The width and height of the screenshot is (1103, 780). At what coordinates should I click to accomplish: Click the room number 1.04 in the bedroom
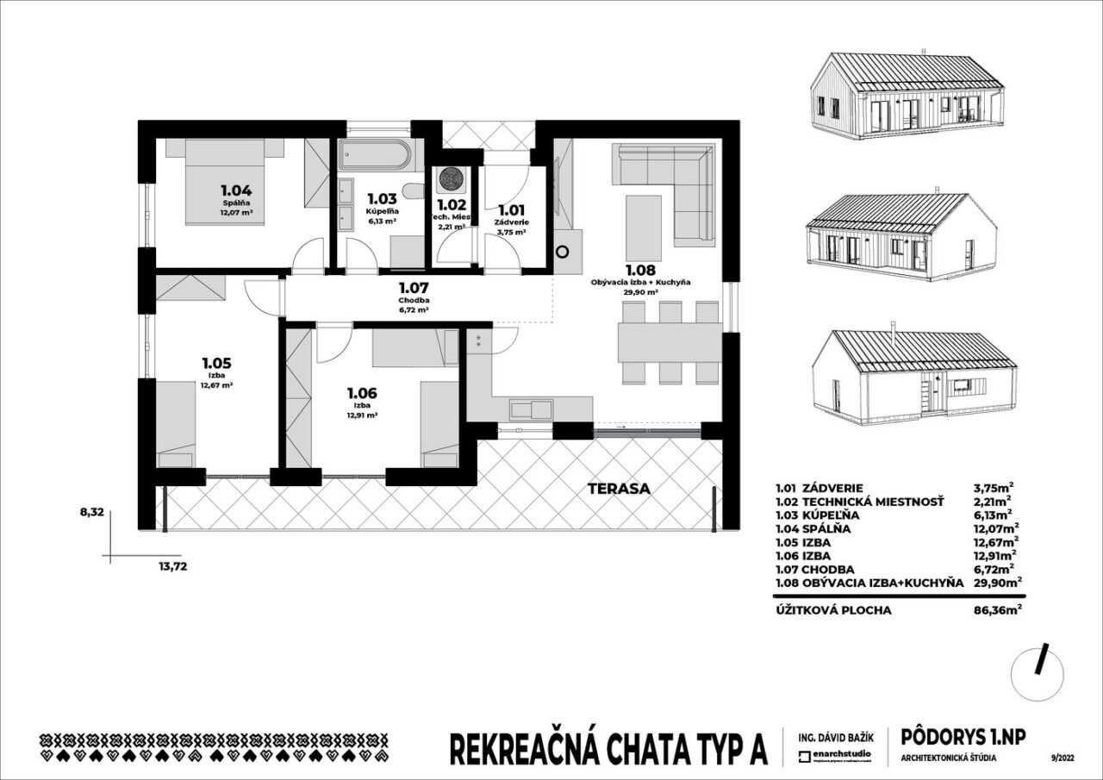click(235, 190)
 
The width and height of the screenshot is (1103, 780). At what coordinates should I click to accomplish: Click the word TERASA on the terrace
click(619, 489)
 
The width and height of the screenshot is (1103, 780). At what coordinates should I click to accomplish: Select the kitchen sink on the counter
click(529, 408)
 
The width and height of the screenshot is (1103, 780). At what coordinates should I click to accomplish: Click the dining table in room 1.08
click(669, 342)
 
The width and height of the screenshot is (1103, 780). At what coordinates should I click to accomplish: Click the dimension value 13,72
click(172, 566)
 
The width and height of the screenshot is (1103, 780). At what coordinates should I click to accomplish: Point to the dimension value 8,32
click(91, 511)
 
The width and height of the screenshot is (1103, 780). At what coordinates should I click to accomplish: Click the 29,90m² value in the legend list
click(996, 583)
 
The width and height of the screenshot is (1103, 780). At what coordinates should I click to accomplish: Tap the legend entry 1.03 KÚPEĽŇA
click(823, 515)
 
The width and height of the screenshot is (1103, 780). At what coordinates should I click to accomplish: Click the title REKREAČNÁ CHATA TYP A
click(608, 749)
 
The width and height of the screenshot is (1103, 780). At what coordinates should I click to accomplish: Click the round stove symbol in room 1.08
click(564, 253)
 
